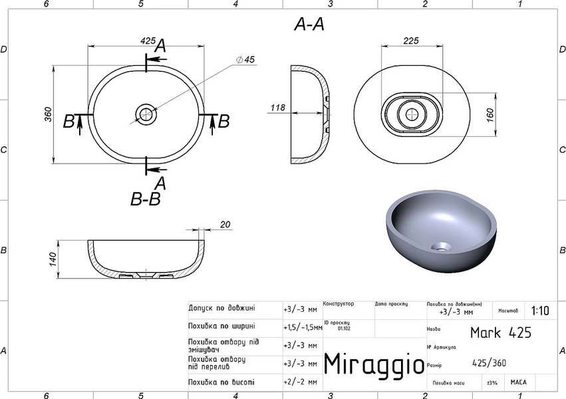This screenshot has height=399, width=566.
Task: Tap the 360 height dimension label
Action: [48, 114]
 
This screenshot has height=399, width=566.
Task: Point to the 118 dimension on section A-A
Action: [278, 107]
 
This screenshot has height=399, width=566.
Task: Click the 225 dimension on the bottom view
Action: [411, 41]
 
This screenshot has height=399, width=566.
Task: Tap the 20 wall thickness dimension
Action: [225, 224]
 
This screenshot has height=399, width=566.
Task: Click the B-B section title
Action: [146, 199]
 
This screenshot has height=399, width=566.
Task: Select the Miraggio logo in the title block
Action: [374, 364]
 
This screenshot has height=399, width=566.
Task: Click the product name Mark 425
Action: [500, 332]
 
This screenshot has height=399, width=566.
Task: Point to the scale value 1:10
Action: [540, 311]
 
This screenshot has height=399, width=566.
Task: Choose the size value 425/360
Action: [488, 363]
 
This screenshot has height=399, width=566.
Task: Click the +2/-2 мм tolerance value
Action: [299, 382]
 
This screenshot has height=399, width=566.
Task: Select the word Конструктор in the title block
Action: [339, 304]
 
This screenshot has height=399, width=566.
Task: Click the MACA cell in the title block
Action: [519, 382]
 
